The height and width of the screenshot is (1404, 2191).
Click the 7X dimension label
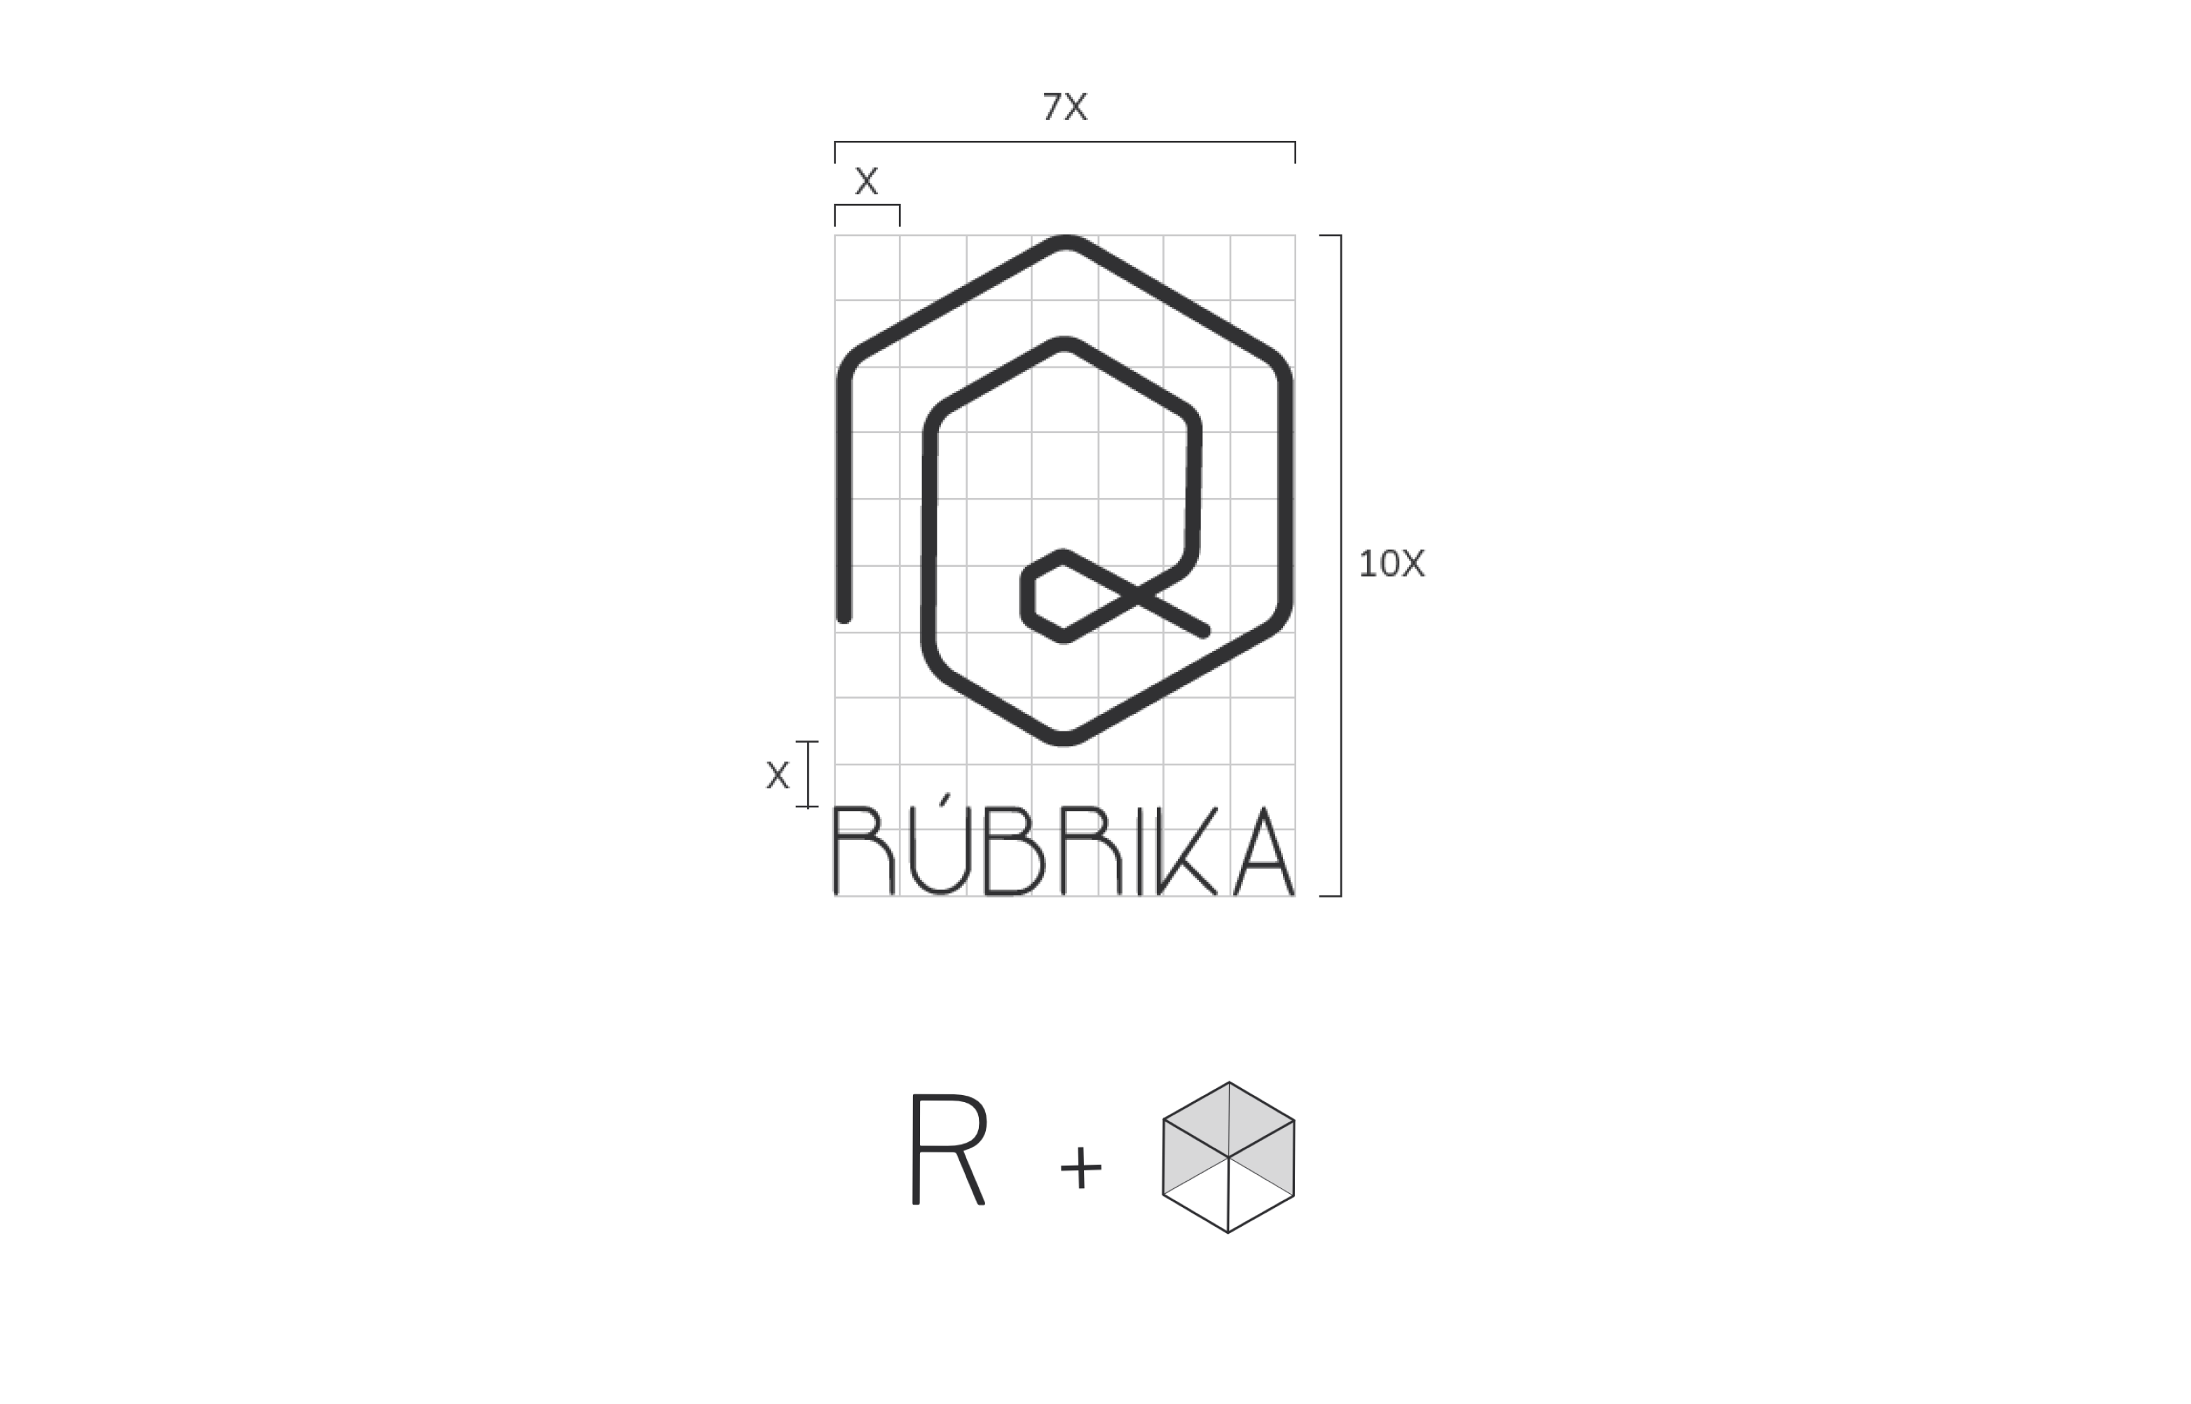1064,106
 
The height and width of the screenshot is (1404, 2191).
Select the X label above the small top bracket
866,181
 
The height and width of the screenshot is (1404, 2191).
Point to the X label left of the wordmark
778,775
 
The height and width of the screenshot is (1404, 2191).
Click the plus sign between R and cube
1081,1167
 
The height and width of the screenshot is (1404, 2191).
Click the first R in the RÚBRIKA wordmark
863,850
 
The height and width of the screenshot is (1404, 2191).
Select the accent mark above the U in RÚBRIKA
945,799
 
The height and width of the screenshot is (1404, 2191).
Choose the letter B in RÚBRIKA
1014,850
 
